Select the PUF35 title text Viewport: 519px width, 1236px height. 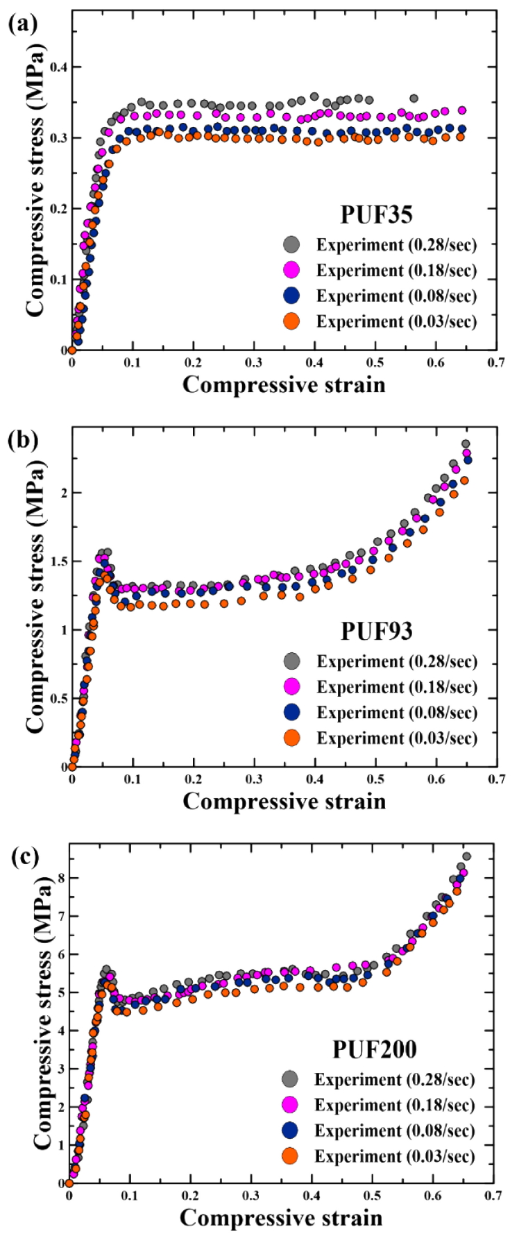[x=376, y=214]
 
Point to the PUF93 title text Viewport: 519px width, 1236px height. [x=376, y=631]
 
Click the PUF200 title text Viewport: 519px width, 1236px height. [x=375, y=1049]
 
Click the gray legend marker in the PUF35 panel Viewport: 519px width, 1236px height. [x=291, y=244]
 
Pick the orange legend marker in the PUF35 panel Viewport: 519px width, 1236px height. [x=291, y=321]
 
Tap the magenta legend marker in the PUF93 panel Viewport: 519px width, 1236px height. [x=291, y=686]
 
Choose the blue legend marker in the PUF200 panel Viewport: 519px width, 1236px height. [x=289, y=1131]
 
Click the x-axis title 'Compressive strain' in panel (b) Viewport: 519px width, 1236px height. [x=284, y=802]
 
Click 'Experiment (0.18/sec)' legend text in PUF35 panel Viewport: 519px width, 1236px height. [x=397, y=270]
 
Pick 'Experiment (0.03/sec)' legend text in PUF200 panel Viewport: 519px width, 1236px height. [x=394, y=1156]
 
